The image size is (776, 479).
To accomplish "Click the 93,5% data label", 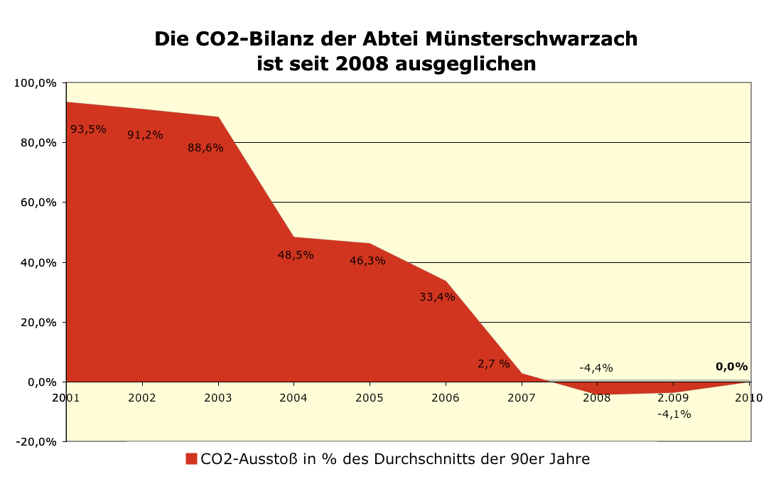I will [88, 129].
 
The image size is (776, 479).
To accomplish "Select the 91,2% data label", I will [145, 135].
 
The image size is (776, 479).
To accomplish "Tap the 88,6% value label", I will [205, 148].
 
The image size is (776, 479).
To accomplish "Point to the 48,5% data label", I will [296, 255].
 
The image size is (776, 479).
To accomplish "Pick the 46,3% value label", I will [367, 261].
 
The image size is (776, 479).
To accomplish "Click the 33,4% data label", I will [437, 297].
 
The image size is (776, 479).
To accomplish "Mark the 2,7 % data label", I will [494, 364].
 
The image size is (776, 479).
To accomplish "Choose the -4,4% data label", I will [596, 368].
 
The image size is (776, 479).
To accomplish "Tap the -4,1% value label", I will [674, 414].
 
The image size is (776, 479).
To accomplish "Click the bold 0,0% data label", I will [732, 367].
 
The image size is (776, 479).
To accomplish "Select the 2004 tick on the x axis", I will [293, 397].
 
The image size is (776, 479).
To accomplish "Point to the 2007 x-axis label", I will [522, 397].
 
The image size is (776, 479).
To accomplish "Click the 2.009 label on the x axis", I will [673, 397].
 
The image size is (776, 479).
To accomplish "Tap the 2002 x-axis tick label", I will [142, 397].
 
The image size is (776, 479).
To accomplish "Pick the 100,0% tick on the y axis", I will [36, 83].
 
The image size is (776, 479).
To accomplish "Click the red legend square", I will [191, 459].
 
